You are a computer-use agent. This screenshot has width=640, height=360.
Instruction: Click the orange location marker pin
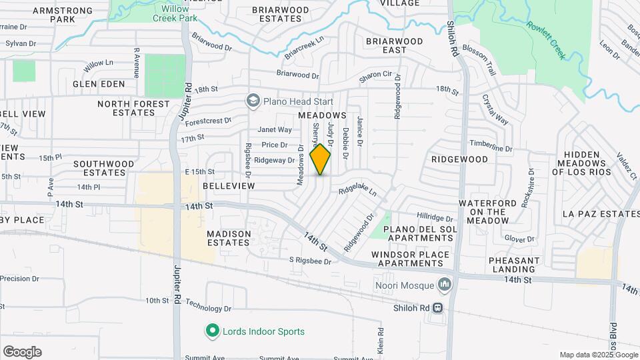320,159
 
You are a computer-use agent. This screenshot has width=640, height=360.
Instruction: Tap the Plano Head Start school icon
253,101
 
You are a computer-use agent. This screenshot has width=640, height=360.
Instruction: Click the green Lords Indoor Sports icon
212,330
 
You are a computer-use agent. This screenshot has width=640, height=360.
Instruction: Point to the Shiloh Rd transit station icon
438,308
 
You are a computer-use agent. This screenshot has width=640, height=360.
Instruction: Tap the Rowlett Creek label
545,39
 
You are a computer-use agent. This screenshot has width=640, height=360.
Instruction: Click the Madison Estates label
229,238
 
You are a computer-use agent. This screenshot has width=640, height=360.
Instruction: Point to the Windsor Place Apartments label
407,259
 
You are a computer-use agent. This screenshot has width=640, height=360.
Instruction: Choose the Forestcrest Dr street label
208,122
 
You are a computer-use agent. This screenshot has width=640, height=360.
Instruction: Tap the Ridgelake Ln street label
357,191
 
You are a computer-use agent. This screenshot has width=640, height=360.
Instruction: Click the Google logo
22,352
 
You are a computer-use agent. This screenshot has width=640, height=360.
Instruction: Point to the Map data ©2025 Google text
598,355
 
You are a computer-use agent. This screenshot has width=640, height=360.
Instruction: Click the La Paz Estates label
601,214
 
